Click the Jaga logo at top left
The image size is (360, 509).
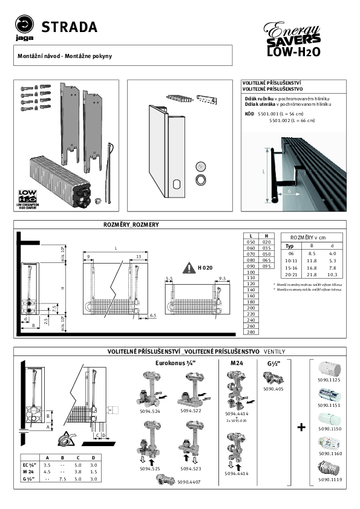pos(25,28)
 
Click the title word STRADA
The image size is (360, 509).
pos(68,27)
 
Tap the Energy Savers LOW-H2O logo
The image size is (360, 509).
pos(293,40)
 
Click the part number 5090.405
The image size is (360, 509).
pos(273,390)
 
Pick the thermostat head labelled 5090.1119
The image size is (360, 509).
pos(327,468)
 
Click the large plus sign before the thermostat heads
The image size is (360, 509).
pos(301,427)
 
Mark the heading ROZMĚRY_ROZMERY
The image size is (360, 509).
pos(131,224)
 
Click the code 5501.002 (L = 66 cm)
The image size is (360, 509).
pos(292,120)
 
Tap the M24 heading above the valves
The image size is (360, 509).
pos(237,363)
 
